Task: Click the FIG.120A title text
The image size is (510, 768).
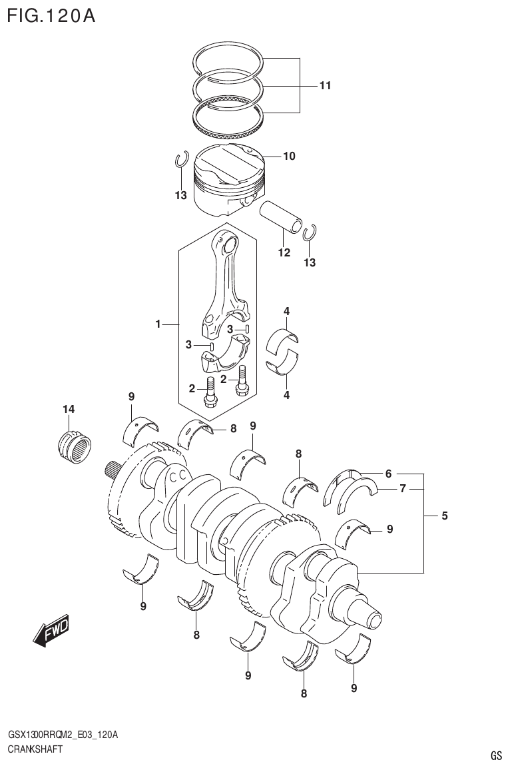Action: coord(51,15)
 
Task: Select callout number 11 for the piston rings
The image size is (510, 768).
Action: coord(325,85)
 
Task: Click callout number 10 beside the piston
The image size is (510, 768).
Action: coord(289,157)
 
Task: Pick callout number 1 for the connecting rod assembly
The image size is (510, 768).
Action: coord(158,324)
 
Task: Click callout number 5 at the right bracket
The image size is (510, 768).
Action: coord(444,515)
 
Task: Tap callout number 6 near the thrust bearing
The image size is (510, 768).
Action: coord(388,474)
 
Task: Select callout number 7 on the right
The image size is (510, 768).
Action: coord(402,489)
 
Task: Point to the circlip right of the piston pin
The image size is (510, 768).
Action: coord(309,232)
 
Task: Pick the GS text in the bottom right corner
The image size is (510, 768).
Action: coord(495,755)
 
